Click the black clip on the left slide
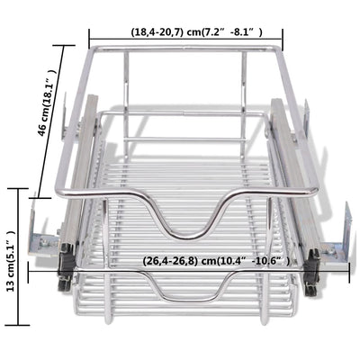pos(65,261)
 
